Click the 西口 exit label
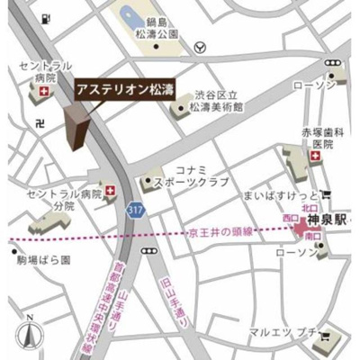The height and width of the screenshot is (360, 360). (289, 218)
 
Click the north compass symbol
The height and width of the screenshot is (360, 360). (31, 335)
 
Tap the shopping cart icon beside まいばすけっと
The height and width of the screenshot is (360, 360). (326, 193)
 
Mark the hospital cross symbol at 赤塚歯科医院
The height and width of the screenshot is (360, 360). (314, 157)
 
